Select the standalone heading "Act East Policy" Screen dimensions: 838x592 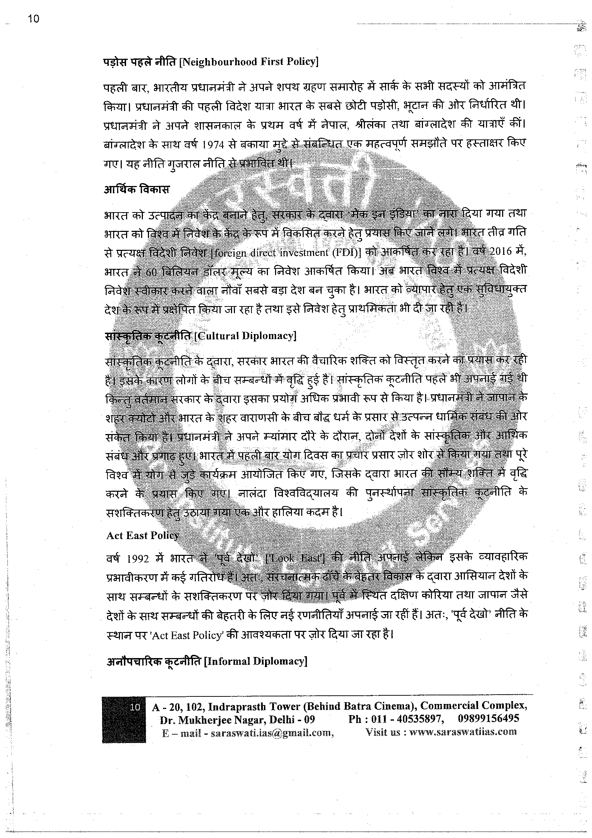[x=142, y=535]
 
